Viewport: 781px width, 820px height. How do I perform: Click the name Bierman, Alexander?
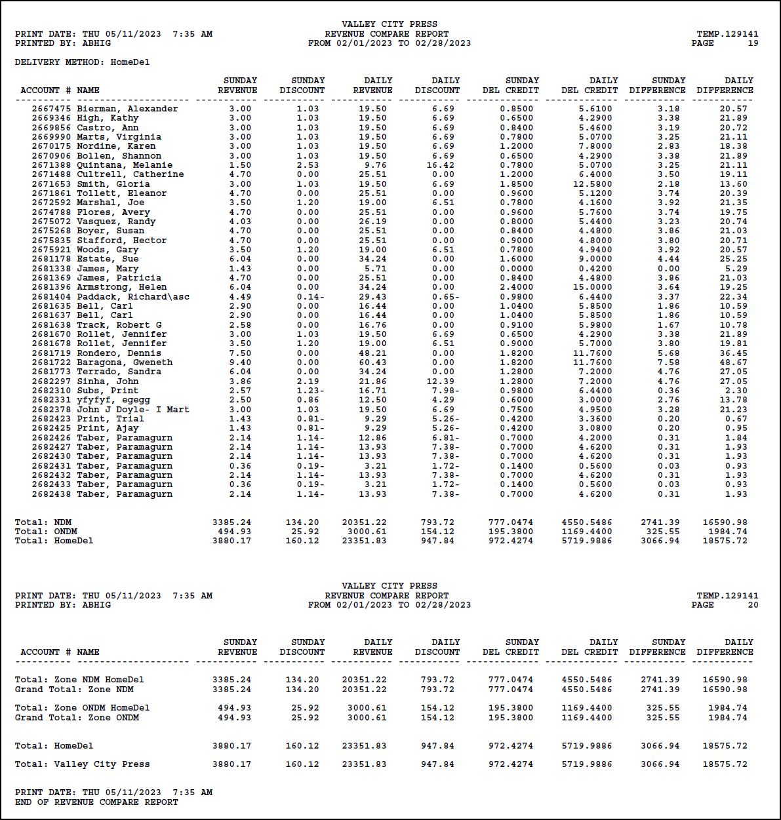point(127,109)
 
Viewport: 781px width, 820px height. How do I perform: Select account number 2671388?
point(51,165)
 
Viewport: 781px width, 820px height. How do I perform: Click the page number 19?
point(753,43)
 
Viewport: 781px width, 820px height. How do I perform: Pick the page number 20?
point(753,605)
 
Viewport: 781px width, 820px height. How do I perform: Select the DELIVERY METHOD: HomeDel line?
point(82,62)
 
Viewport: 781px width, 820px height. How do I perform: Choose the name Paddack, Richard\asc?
point(133,297)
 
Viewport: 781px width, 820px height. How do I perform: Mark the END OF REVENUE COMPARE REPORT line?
point(96,802)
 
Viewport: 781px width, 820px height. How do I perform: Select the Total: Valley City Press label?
point(82,764)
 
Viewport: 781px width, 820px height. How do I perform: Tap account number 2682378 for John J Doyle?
point(51,410)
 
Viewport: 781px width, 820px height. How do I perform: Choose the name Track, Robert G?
point(119,325)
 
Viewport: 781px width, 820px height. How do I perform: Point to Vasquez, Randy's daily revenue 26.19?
point(372,222)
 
